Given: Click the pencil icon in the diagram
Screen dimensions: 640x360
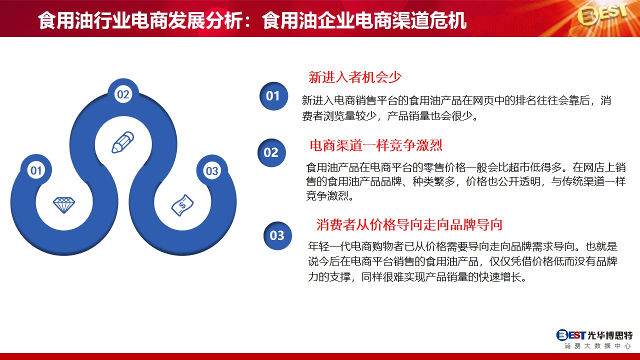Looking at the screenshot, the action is coord(122,142).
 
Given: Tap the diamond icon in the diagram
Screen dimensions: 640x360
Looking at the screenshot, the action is coord(64,205).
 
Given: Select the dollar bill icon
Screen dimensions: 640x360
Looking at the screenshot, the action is coord(182,205).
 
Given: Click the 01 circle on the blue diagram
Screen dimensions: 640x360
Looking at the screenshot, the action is coord(36,170).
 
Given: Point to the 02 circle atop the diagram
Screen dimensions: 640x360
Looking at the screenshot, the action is coord(123,94).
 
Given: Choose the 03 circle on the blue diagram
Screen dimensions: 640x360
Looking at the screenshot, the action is coord(212,171).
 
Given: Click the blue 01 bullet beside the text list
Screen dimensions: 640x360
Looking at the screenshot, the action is coord(273,96).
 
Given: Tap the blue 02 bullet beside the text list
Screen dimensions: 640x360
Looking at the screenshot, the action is coord(271,152).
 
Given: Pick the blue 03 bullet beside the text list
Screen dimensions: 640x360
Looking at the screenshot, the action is coord(277,235).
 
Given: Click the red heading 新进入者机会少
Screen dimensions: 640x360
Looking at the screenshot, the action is coord(355,77).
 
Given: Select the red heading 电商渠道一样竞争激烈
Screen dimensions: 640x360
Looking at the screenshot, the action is coord(376,145).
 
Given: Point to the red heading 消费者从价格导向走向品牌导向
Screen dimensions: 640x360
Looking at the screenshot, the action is coord(409,224).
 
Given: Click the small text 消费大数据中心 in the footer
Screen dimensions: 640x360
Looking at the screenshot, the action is coord(597,346).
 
